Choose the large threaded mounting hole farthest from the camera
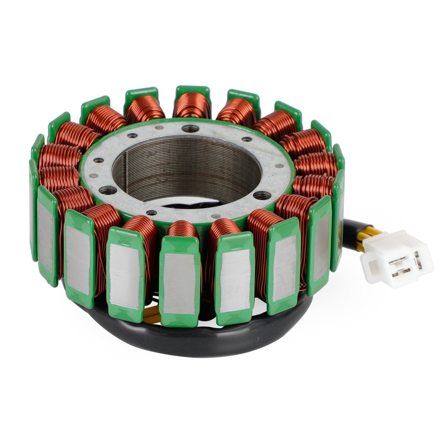[x=190, y=129]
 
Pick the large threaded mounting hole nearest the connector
[x=262, y=195]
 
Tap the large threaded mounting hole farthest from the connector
[x=108, y=190]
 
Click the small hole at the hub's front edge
[x=151, y=213]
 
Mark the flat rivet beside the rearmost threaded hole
[x=159, y=128]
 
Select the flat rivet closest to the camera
[x=216, y=216]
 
